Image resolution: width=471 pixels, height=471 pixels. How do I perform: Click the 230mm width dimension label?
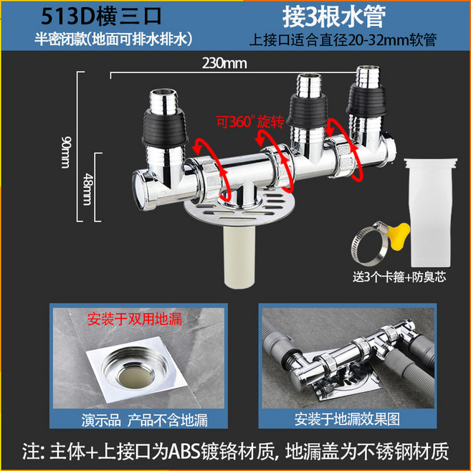(x=224, y=63)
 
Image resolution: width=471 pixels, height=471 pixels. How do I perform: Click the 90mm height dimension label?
(x=66, y=152)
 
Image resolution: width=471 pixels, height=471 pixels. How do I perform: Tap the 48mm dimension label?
(x=87, y=189)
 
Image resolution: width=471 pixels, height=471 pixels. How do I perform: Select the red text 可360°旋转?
(x=250, y=122)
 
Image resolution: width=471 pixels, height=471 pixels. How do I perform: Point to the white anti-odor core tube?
(x=431, y=212)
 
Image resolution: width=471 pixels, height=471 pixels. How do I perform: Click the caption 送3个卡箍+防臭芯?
(x=399, y=277)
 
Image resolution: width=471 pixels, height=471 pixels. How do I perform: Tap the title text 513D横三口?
(x=101, y=16)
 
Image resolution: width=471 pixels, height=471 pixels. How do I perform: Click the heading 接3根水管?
(x=334, y=16)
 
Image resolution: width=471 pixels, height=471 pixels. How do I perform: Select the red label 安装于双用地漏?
(x=135, y=319)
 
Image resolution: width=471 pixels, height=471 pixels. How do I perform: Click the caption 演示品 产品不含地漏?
(x=144, y=420)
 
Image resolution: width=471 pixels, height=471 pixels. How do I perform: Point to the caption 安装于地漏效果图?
(x=347, y=419)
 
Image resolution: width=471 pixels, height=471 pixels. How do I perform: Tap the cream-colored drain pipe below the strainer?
(x=239, y=257)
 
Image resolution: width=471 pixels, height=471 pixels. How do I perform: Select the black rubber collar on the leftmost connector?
(x=165, y=128)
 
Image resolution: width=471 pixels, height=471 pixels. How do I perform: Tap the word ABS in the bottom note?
(x=184, y=452)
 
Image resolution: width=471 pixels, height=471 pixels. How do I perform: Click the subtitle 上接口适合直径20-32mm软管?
(x=343, y=39)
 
